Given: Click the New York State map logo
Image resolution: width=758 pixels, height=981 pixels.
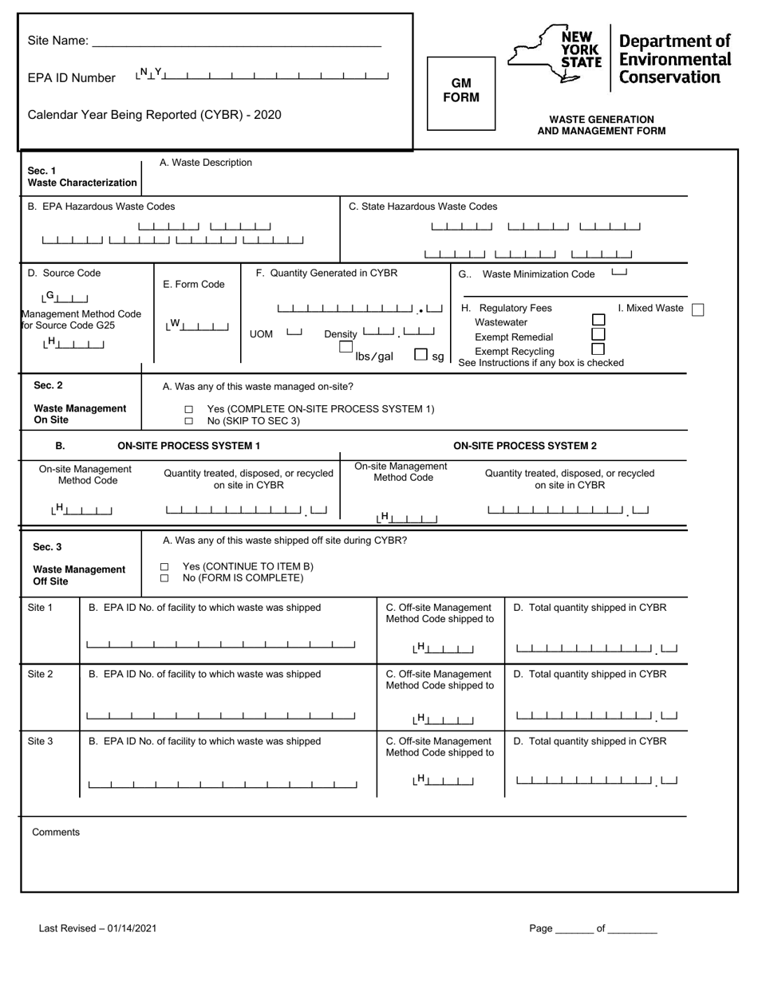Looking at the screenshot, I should tap(555, 53).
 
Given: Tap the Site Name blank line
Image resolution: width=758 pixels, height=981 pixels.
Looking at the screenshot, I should tap(237, 41).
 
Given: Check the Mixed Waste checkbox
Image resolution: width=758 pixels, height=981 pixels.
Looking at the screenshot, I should tap(697, 309).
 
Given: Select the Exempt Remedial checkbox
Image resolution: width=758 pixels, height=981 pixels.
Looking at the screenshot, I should tap(598, 334).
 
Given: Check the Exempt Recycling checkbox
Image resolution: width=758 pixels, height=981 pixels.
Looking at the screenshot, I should tap(598, 349).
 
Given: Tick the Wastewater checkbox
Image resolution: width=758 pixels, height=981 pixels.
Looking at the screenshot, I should tap(598, 320).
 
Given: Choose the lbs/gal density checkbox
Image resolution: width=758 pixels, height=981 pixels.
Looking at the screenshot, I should tap(346, 348).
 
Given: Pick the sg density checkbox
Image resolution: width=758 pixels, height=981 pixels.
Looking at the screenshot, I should tap(421, 355).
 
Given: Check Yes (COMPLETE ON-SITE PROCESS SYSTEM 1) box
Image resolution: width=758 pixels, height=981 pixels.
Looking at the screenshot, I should tap(189, 409).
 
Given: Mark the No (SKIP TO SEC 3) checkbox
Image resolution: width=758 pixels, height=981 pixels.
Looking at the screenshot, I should tap(189, 420).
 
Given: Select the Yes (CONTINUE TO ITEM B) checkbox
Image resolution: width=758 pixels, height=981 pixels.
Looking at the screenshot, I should tap(164, 567).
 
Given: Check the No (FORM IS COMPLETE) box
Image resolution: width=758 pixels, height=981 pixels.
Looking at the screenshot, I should tap(164, 578).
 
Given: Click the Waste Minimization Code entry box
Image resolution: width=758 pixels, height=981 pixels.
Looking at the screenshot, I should tap(619, 273).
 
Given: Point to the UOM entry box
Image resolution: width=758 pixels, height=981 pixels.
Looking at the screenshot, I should tap(294, 333).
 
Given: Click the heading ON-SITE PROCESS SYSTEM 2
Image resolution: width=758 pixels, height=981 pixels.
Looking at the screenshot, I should tap(525, 446).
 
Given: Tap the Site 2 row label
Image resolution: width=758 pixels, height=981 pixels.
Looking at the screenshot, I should tap(40, 674).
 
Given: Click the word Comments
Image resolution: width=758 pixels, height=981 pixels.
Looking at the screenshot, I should tap(56, 832).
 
